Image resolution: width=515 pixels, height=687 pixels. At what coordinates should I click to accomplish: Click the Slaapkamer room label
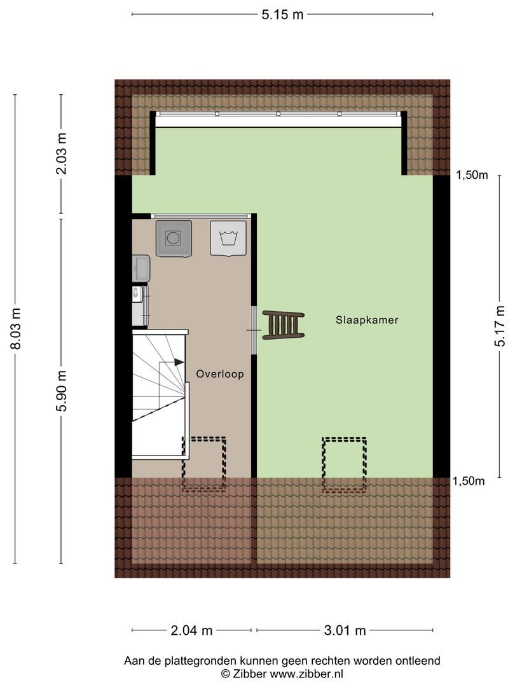pyautogui.click(x=367, y=320)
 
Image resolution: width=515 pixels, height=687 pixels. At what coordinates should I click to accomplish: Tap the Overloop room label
pyautogui.click(x=220, y=374)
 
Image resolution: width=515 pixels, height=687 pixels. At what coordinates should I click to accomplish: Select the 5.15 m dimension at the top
pyautogui.click(x=282, y=15)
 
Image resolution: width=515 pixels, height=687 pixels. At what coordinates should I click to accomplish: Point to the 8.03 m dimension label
pyautogui.click(x=16, y=328)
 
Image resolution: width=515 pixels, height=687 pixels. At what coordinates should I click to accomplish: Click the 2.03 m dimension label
pyautogui.click(x=62, y=154)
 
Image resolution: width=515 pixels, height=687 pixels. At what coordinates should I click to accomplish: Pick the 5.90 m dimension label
pyautogui.click(x=62, y=391)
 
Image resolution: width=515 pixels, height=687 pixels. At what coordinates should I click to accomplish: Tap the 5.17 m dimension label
pyautogui.click(x=500, y=326)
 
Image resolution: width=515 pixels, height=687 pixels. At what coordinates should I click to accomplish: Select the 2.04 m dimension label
pyautogui.click(x=191, y=630)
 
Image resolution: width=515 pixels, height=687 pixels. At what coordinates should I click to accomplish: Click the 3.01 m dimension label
pyautogui.click(x=345, y=630)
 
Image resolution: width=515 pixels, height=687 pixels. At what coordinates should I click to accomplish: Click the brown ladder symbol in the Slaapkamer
pyautogui.click(x=284, y=324)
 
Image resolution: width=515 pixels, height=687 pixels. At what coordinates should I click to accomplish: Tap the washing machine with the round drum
pyautogui.click(x=174, y=238)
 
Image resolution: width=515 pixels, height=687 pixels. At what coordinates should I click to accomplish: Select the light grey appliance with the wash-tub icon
pyautogui.click(x=228, y=238)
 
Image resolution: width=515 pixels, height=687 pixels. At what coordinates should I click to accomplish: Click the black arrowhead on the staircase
pyautogui.click(x=179, y=363)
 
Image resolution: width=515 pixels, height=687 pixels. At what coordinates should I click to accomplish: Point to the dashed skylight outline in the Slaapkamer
pyautogui.click(x=344, y=465)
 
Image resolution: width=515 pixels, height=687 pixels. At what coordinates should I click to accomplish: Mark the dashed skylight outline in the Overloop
pyautogui.click(x=204, y=464)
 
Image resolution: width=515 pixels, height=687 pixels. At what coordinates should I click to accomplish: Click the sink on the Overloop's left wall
pyautogui.click(x=141, y=268)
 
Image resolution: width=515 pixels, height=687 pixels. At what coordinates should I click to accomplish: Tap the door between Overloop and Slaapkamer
pyautogui.click(x=254, y=330)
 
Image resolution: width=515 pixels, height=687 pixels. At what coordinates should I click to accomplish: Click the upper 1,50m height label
pyautogui.click(x=472, y=176)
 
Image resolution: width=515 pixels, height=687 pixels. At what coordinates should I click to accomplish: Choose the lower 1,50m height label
pyautogui.click(x=469, y=481)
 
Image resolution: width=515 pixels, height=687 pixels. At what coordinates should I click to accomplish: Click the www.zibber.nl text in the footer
pyautogui.click(x=306, y=674)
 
